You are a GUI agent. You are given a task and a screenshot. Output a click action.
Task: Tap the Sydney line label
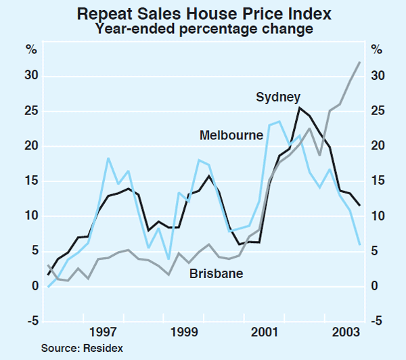pos(278,97)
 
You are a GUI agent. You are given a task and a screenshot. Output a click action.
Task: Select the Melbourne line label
pos(231,135)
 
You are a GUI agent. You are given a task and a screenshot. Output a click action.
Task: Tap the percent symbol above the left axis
pos(32,49)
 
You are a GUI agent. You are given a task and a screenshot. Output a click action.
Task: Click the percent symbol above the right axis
pos(376,49)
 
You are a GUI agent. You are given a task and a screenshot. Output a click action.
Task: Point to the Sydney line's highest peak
pos(299,108)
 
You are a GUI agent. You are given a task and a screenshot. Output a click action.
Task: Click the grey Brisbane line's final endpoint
pos(359,62)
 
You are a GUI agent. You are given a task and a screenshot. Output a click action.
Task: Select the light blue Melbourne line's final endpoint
pos(359,244)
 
